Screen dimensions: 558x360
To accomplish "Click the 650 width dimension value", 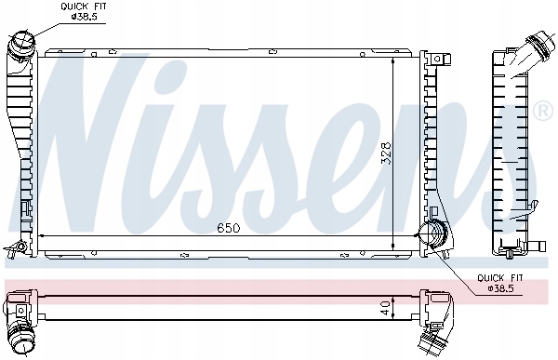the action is coord(229,228).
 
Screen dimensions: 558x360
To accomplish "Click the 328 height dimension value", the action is coord(386,153).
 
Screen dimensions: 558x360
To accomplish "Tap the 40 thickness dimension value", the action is coord(385,307).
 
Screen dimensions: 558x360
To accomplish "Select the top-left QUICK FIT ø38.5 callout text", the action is coord(84,11).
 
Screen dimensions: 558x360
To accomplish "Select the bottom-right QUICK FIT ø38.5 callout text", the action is coord(500,283).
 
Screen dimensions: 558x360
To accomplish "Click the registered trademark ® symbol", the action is coord(544,111).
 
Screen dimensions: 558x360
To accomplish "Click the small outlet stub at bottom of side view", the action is coord(536,246).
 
